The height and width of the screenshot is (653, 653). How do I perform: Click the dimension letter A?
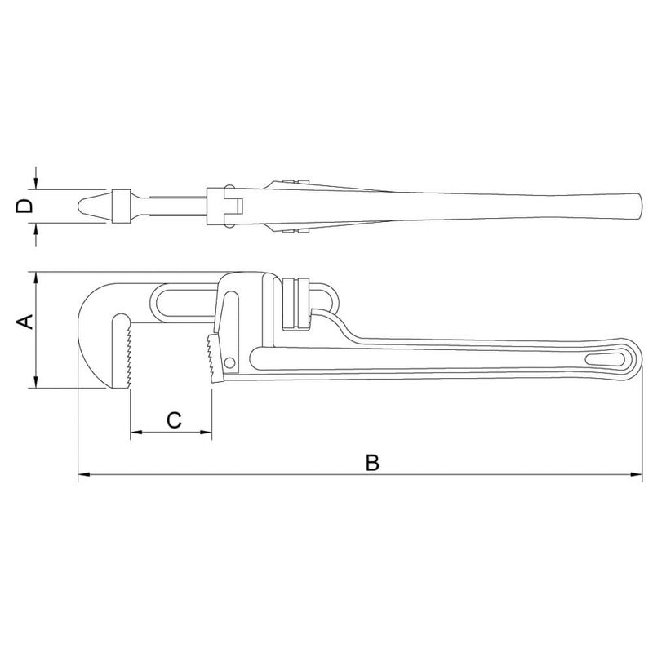pyautogui.click(x=24, y=322)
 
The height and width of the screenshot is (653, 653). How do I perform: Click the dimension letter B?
pyautogui.click(x=372, y=463)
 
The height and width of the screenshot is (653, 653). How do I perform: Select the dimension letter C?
pyautogui.click(x=174, y=420)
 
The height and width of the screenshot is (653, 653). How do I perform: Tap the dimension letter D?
pyautogui.click(x=24, y=206)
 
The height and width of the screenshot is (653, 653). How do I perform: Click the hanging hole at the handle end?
pyautogui.click(x=606, y=360)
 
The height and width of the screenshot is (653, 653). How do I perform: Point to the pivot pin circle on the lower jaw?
pyautogui.click(x=229, y=362)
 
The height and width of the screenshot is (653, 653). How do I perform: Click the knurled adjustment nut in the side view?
pyautogui.click(x=295, y=304)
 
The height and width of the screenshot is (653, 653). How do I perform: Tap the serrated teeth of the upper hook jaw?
pyautogui.click(x=128, y=355)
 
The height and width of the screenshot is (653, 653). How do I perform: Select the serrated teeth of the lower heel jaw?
pyautogui.click(x=210, y=358)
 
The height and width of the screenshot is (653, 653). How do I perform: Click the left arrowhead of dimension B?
pyautogui.click(x=84, y=474)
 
